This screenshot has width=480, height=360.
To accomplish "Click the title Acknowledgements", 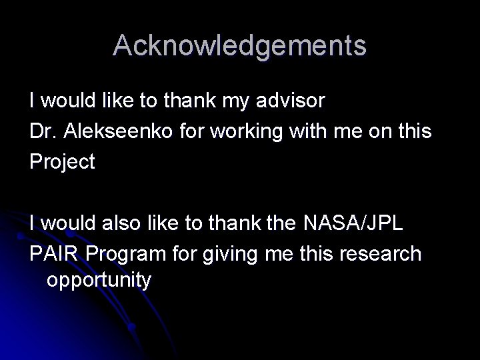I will click(x=240, y=45).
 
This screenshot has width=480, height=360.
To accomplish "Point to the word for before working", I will click(x=193, y=132).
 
